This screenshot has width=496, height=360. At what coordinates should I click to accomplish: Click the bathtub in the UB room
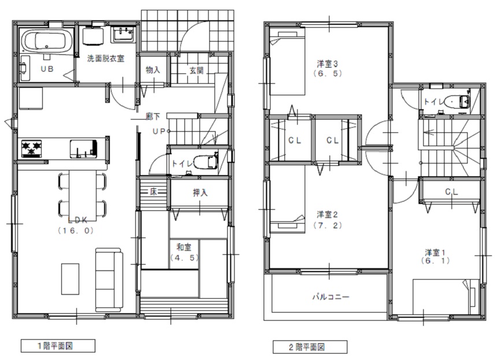[x=47, y=41]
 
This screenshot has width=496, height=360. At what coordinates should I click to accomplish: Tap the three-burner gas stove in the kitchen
[x=32, y=149]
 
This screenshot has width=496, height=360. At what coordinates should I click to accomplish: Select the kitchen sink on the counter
[x=83, y=149]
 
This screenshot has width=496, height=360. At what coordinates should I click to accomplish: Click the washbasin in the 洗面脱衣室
[x=123, y=35]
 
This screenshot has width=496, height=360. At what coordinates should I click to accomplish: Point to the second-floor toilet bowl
[x=457, y=102]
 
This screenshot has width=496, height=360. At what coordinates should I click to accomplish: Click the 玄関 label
[x=197, y=70]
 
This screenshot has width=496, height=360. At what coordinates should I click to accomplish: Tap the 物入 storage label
[x=153, y=70]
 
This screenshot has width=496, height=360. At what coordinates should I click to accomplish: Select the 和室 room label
[x=184, y=247]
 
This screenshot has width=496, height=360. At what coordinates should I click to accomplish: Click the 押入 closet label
[x=200, y=192]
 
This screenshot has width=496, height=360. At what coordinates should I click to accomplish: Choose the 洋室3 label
[x=327, y=64]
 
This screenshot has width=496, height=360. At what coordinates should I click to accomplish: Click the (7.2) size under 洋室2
[x=328, y=225]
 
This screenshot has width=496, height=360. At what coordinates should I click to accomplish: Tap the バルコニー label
[x=331, y=297]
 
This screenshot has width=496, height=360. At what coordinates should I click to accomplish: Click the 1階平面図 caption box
[x=58, y=346]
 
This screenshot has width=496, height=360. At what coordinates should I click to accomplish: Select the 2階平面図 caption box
[x=310, y=347]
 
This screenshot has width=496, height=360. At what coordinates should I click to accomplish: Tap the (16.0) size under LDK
[x=76, y=231]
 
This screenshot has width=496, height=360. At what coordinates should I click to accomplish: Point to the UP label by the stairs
[x=160, y=131]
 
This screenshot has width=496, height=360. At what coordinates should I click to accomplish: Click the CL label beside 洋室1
[x=451, y=191]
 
